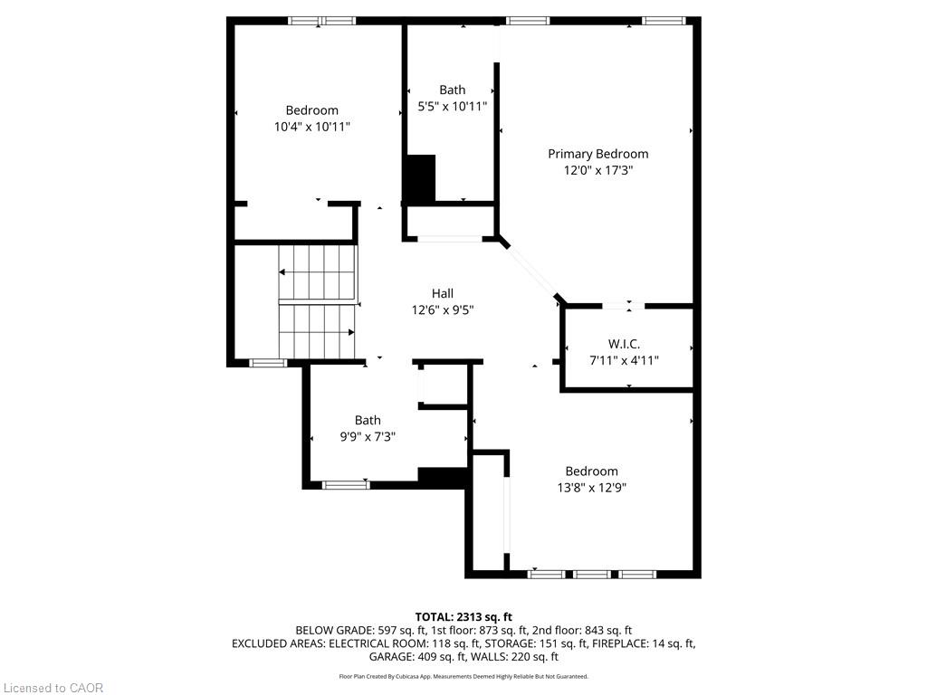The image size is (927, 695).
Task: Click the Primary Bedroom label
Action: (x=597, y=154)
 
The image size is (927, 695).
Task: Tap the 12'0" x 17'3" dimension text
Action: (x=597, y=171)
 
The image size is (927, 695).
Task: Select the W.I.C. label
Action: (x=624, y=344)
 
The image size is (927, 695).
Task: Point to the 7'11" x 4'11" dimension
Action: (x=624, y=360)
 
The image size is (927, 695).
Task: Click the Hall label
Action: (x=442, y=294)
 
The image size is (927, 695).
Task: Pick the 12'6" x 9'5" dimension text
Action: (x=442, y=309)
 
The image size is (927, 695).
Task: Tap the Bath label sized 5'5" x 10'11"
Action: (x=453, y=90)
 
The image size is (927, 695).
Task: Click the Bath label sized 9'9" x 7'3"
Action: (x=368, y=420)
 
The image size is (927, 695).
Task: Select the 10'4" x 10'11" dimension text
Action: (x=311, y=127)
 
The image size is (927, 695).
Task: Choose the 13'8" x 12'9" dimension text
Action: (x=591, y=488)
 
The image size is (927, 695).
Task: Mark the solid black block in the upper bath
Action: (x=420, y=178)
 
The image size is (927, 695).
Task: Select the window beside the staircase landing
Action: (x=268, y=363)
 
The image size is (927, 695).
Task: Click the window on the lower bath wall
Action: (x=346, y=485)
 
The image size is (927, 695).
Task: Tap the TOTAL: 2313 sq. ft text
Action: (x=463, y=617)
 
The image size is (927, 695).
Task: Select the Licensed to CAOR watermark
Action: (x=53, y=688)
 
